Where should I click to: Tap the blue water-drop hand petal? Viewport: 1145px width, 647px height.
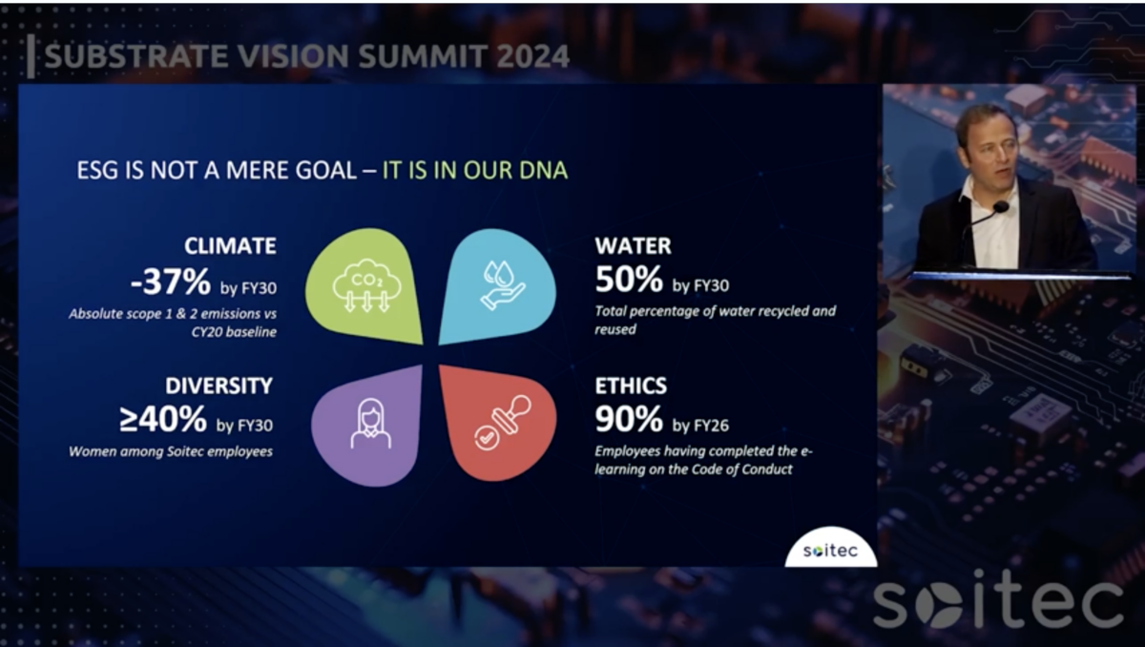click(x=496, y=285)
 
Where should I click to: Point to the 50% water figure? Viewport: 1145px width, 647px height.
click(x=629, y=280)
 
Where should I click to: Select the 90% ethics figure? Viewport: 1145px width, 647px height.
click(x=629, y=419)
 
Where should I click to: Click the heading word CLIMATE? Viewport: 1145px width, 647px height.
click(x=230, y=246)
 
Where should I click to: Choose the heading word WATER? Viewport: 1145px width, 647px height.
click(x=633, y=245)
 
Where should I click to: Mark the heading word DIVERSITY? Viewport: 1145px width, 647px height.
click(x=219, y=386)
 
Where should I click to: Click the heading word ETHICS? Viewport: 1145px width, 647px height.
click(x=631, y=386)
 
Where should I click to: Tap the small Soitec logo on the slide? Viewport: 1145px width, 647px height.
click(x=830, y=552)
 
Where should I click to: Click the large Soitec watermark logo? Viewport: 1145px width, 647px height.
click(x=997, y=604)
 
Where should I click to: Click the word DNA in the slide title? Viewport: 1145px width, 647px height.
click(x=544, y=171)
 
